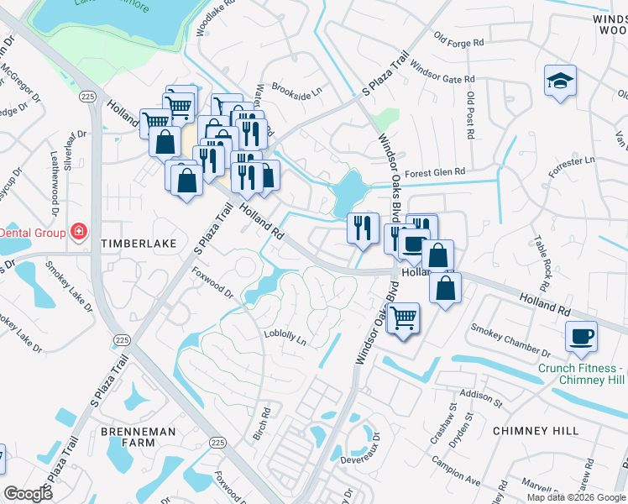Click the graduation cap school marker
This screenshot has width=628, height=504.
[x=560, y=81]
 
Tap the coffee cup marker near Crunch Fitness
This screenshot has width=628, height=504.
[x=582, y=338]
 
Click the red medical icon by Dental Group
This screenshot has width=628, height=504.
[x=79, y=230]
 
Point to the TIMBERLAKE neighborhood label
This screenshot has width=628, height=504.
[x=139, y=244]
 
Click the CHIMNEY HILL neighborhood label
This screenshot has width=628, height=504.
[x=536, y=430]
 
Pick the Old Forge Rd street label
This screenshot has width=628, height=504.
[x=459, y=39]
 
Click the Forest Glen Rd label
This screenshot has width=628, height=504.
[x=435, y=172]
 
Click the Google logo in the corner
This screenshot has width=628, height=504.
[x=28, y=494]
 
